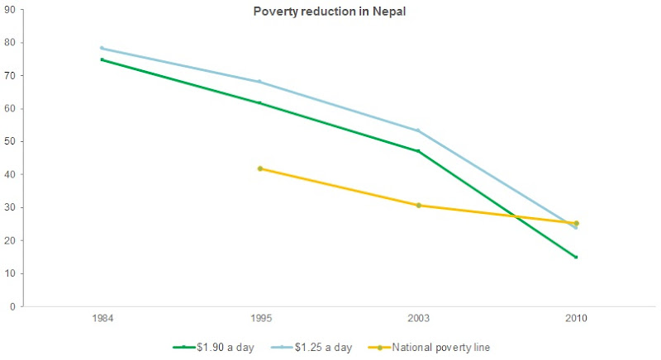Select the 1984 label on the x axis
(102, 319)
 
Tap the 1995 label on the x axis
(259, 319)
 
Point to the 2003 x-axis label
(418, 319)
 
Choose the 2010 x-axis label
(576, 319)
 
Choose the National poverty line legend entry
(439, 348)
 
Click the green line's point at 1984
(102, 59)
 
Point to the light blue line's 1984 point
(102, 48)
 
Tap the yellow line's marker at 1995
(260, 168)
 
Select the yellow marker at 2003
(418, 205)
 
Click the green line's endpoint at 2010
(576, 257)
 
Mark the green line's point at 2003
(418, 151)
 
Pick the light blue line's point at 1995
(260, 82)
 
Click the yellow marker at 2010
(576, 223)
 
